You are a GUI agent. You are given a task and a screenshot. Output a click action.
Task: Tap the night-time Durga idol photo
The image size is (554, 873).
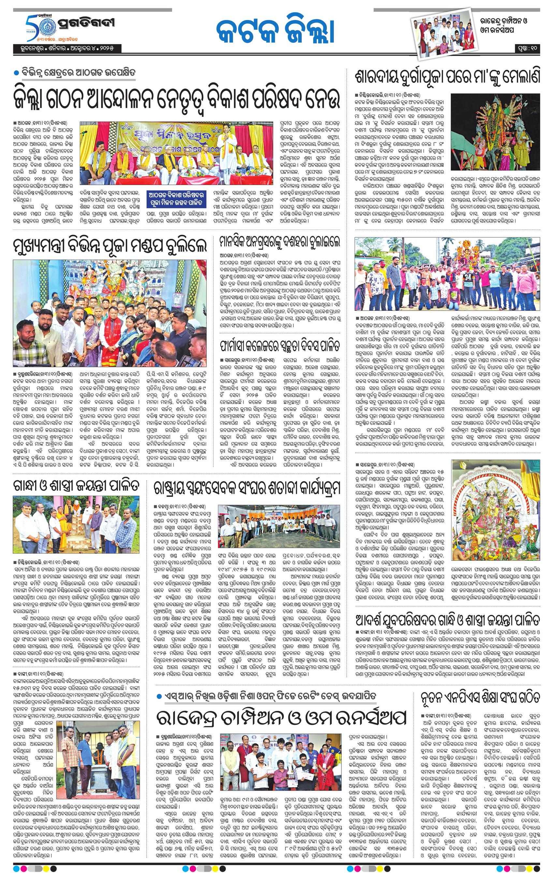pos(496,134)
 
